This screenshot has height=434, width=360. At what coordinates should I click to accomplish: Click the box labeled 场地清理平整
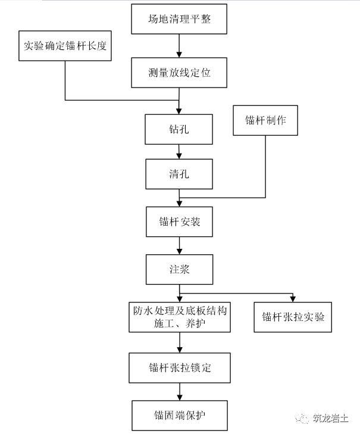pos(179,20)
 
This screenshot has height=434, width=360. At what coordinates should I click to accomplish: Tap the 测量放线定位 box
pos(179,73)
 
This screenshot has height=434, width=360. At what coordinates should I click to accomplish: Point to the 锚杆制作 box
pos(265,120)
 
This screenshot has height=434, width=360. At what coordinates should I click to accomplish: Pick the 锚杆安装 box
pos(179,223)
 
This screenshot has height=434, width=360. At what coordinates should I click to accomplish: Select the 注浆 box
pos(179,270)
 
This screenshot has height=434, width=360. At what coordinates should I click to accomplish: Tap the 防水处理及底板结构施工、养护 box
pos(179,317)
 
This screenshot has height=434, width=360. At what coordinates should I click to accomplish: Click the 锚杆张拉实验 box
pos(293,317)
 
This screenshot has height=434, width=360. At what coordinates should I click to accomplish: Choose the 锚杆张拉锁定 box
pos(179,367)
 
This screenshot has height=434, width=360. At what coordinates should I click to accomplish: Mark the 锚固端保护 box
pos(179,414)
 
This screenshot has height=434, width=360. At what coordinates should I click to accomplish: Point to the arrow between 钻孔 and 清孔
pos(179,151)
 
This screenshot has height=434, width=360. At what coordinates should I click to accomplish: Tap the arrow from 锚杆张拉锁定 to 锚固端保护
pos(179,391)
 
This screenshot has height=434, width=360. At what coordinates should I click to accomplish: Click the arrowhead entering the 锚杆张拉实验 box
pos(293,298)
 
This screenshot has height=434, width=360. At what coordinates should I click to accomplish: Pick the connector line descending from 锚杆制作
pos(265,167)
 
